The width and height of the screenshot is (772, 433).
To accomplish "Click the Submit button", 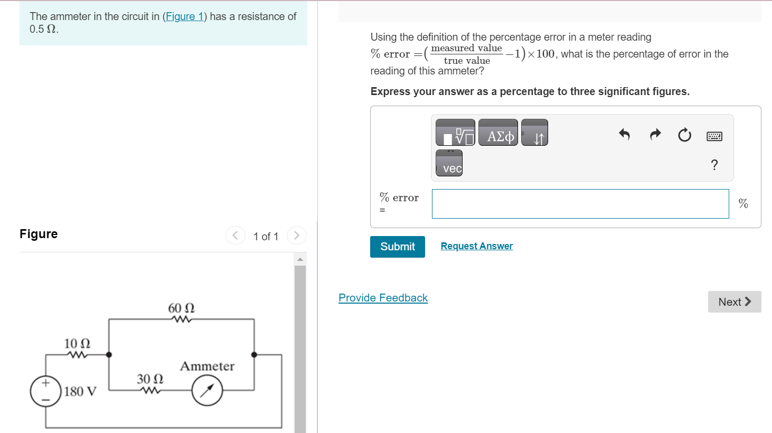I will coord(397,247).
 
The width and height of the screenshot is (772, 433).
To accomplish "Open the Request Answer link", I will coord(476,246).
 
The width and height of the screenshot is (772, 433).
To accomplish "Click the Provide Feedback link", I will coord(383,298).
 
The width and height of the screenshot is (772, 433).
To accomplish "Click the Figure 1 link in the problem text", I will coord(184,16).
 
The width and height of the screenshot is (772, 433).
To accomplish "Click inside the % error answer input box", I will coord(580,204).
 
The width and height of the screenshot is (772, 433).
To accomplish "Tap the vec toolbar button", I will coord(449,163).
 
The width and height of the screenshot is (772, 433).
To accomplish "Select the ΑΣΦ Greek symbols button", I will coord(498,133).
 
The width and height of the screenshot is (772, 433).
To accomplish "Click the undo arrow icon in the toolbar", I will coord(624,135).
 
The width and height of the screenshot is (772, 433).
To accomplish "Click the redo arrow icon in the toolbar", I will coord(655,135).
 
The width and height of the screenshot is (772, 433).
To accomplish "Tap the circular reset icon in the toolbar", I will coord(684,135).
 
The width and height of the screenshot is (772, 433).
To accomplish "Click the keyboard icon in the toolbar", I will coord(714,136).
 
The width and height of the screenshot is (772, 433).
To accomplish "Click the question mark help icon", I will coord(714,165).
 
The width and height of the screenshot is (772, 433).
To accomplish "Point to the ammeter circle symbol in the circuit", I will coord(207,390).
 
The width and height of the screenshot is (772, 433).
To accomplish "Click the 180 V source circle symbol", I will coord(46,391).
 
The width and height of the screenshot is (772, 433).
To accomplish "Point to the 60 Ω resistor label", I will coord(181,308).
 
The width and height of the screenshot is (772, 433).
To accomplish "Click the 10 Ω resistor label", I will coord(77,344).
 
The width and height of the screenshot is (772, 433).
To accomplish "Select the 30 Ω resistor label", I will coord(150,379).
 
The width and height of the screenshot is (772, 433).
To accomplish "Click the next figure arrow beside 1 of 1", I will coord(297,236).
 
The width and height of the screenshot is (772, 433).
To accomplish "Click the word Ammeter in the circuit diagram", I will coord(207,366).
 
